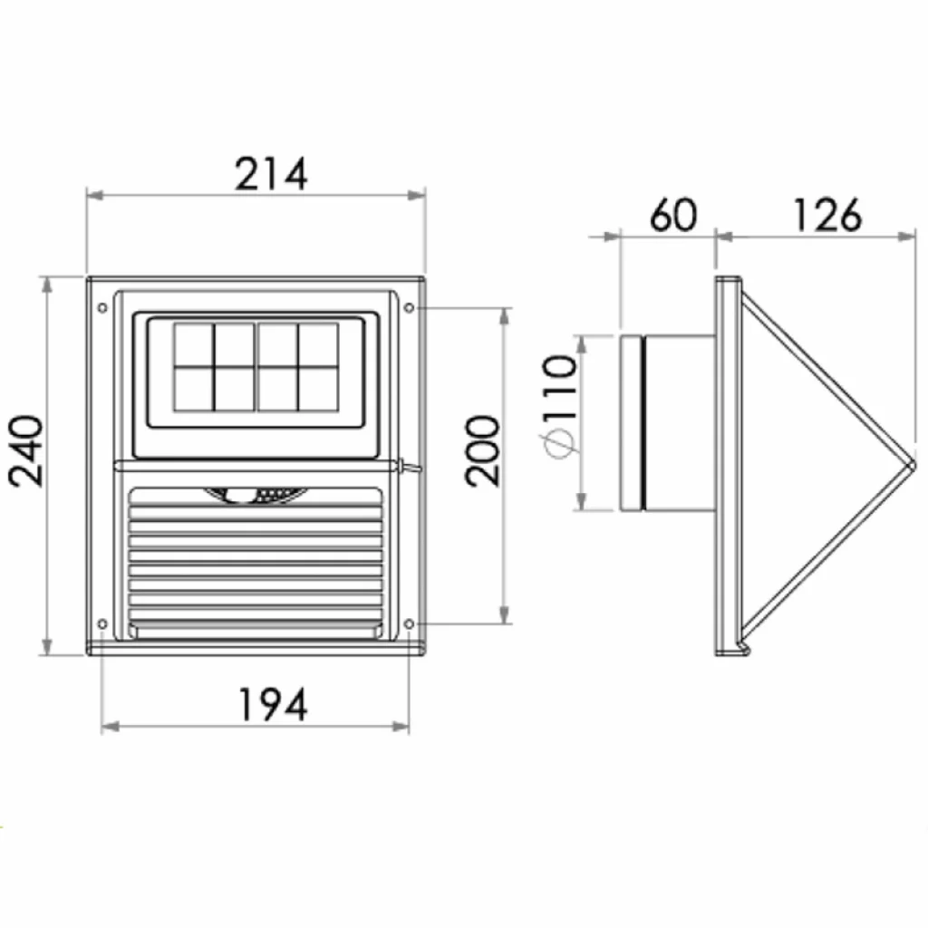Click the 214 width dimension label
271,174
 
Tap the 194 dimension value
272,704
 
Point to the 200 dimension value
482,450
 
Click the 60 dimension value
673,216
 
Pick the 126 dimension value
826,216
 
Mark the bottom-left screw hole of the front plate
101,623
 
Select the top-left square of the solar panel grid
193,344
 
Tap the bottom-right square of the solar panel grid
319,388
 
